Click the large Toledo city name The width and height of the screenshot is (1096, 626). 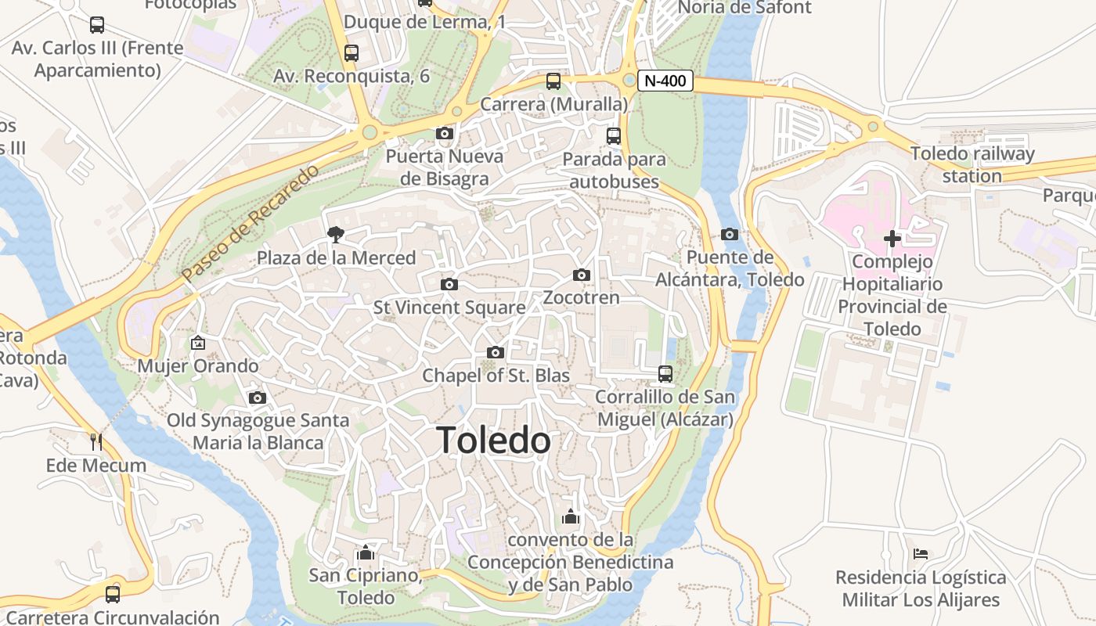coord(493,441)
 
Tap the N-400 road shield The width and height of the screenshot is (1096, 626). coord(665,80)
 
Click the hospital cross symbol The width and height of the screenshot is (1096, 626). coord(892,238)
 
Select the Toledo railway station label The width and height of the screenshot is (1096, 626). coord(972,164)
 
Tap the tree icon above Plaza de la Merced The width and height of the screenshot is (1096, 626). coord(336,234)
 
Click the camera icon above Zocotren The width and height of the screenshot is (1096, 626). coord(581,275)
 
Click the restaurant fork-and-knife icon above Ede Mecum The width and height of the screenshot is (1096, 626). coord(96,442)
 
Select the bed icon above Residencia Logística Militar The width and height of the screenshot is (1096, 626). coord(921,554)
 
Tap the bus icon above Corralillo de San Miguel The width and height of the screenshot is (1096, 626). coord(665,373)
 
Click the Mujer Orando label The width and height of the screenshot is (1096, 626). coord(198,365)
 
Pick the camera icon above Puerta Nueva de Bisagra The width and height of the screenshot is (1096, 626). coord(444,133)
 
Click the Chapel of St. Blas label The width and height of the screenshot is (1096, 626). coord(496,376)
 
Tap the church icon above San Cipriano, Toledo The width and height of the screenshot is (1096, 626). coord(365,552)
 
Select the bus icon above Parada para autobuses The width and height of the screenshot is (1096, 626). coord(614,135)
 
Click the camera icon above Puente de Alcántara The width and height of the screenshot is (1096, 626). coord(729,234)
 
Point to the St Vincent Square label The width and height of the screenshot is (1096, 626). coord(449,308)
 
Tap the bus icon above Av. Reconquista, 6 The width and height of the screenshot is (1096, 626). coord(352,53)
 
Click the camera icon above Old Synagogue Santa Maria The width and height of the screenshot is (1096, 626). coord(257,398)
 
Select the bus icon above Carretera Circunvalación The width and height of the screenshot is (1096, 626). coord(113,594)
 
